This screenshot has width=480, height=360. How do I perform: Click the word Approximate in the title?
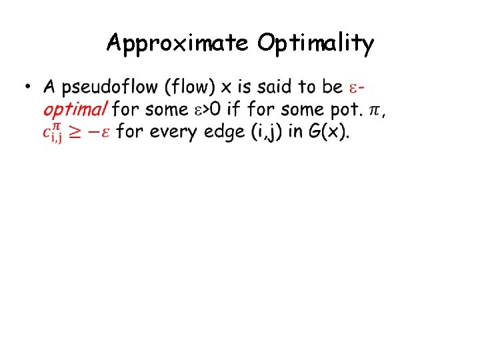point(177,43)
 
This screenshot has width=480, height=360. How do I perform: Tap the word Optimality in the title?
point(316,43)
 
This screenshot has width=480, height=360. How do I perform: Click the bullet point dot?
point(27,88)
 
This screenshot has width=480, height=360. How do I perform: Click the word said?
point(279,87)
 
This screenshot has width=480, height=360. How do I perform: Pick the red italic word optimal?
point(75,109)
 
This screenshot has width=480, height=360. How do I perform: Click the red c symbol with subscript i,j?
point(53,132)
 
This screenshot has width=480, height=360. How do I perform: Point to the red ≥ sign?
point(80,132)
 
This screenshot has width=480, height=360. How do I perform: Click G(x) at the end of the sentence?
point(329,131)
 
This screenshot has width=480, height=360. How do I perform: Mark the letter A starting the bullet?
point(49,87)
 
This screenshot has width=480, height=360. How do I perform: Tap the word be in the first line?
point(331,87)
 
